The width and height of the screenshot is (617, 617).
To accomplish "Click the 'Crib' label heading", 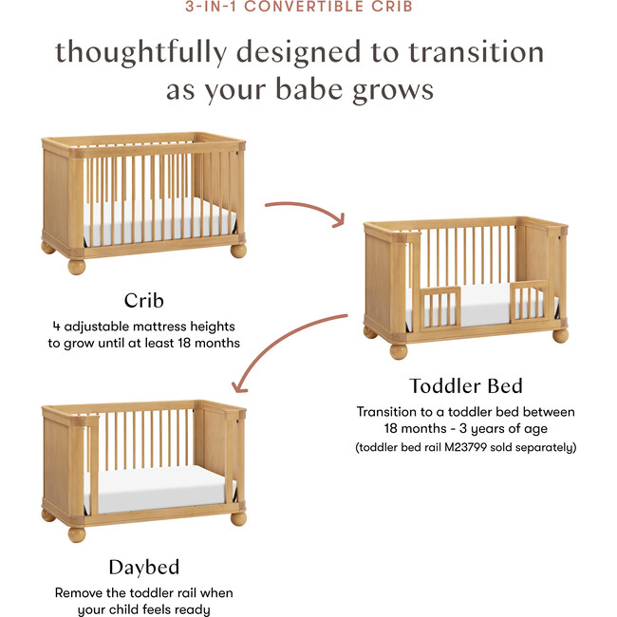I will [x=144, y=302].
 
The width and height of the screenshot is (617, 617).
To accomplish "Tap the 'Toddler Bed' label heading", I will [x=465, y=386].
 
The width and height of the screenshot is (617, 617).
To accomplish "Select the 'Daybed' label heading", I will [x=144, y=568].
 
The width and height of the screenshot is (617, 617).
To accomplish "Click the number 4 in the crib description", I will [x=56, y=326].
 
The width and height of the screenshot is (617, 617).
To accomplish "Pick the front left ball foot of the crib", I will [x=76, y=265].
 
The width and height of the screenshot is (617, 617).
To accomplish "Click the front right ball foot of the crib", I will [x=237, y=251].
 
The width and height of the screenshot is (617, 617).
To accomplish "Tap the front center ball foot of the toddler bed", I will [x=398, y=350].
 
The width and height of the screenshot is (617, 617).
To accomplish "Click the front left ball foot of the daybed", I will [x=77, y=533].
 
